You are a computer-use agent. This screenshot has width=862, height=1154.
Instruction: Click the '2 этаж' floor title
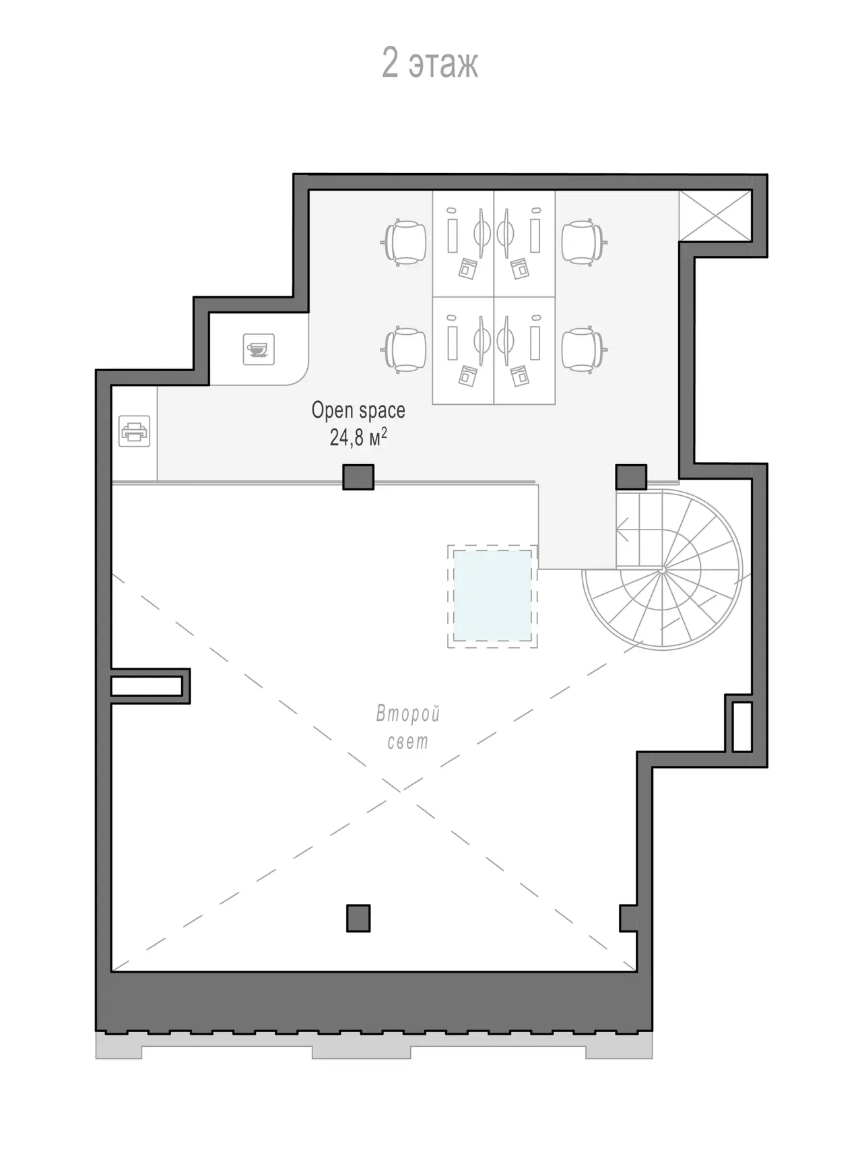[430, 63]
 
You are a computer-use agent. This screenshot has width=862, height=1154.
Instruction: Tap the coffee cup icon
[259, 349]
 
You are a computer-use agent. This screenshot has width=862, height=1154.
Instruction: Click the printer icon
[134, 431]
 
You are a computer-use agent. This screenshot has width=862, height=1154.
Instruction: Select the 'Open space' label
[358, 410]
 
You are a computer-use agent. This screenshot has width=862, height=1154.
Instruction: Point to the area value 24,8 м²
[358, 437]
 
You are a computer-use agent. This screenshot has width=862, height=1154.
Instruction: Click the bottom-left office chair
[405, 349]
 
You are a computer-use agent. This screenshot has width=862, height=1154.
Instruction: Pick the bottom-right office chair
[583, 349]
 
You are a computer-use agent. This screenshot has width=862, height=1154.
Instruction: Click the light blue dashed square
[492, 596]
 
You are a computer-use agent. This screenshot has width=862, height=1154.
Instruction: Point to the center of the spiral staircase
[662, 569]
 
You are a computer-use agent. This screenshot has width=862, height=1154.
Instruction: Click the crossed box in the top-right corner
[715, 215]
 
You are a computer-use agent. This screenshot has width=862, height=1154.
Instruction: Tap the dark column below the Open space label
[358, 477]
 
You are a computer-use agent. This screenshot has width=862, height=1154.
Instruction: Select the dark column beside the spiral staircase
[631, 477]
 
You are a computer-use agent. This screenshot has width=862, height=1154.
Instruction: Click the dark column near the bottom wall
[358, 918]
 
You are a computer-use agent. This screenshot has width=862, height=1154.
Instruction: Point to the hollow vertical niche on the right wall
[741, 727]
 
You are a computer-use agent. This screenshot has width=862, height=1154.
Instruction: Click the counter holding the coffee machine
[259, 349]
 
